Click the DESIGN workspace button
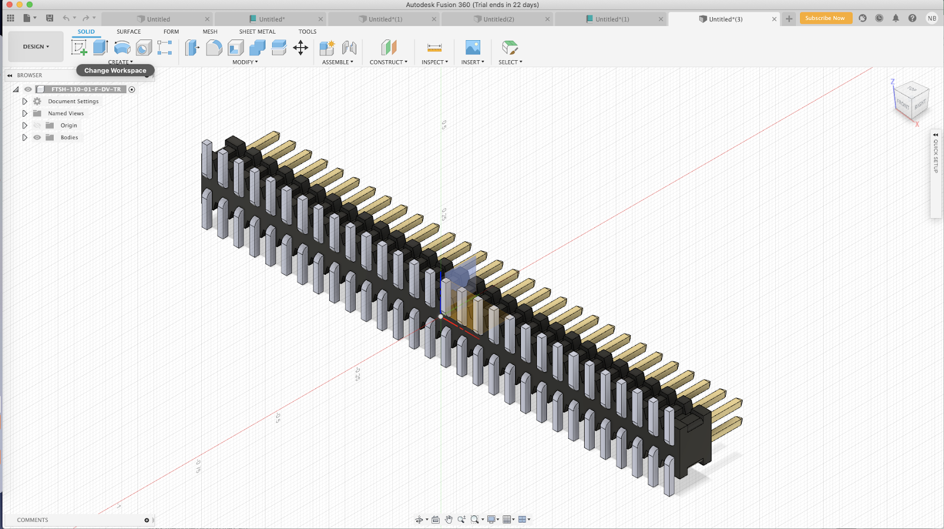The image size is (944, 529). tap(36, 47)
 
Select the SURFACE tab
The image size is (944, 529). tap(129, 32)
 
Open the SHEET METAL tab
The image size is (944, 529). tap(257, 32)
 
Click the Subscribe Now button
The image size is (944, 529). tap(825, 18)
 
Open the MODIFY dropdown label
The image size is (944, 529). tap(245, 62)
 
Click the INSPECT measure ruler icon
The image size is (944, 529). tap(434, 48)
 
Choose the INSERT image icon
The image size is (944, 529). tap(473, 48)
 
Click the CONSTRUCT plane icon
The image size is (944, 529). tap(388, 48)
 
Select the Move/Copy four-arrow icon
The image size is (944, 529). tap(300, 48)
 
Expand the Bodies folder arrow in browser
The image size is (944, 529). tap(25, 137)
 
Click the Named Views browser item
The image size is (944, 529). tap(65, 113)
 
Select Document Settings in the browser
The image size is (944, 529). tap(73, 101)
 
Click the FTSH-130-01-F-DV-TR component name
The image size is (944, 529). tap(86, 89)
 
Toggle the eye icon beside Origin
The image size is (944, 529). tap(37, 126)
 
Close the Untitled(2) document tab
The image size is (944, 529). tap(547, 19)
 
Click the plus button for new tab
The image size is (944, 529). tap(789, 19)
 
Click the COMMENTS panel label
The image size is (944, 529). tap(32, 520)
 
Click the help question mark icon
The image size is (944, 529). tap(912, 18)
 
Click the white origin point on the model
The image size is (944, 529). tap(441, 317)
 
